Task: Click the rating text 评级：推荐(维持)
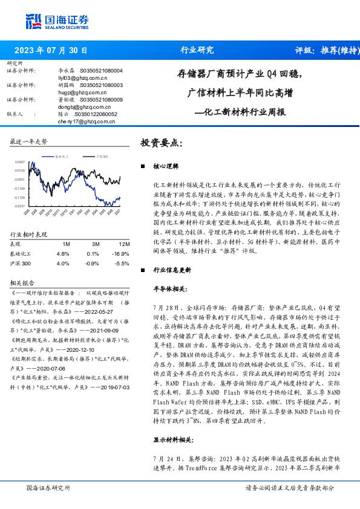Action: coord(326,50)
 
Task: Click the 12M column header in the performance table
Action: coord(124,244)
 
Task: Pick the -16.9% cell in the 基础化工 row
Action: coord(122,253)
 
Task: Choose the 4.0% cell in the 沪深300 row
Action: coord(62,264)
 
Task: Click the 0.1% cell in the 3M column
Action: coord(93,253)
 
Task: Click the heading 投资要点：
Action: coord(161,143)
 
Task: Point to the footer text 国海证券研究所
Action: coord(48,487)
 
